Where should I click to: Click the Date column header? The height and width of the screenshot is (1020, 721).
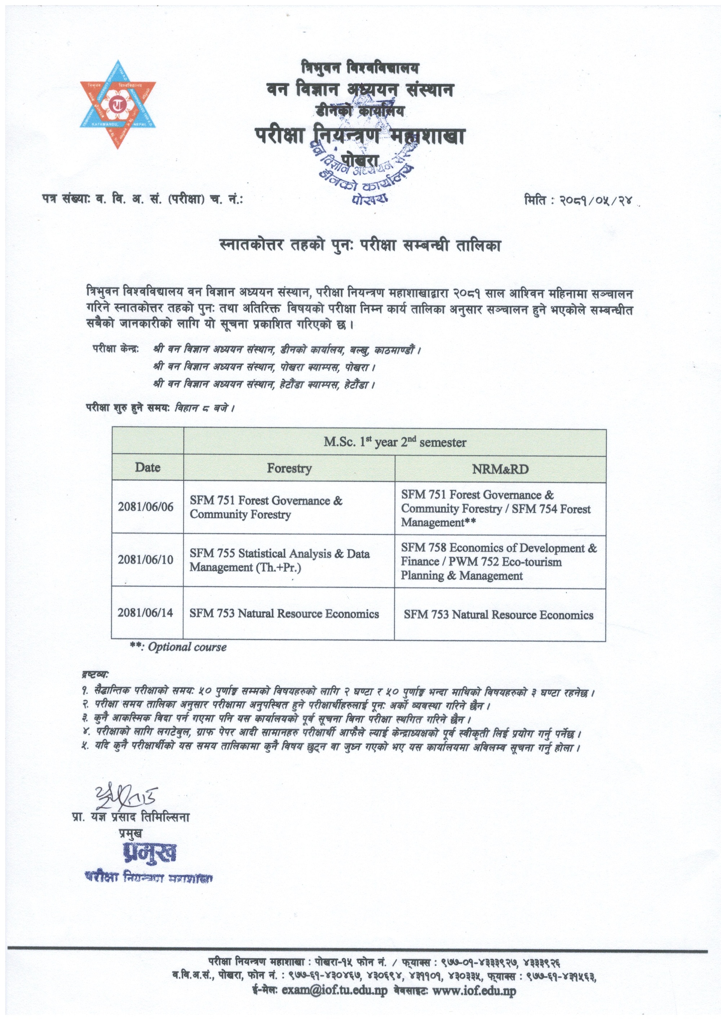(x=147, y=468)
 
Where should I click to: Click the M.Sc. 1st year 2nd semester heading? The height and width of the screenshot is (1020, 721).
(x=394, y=442)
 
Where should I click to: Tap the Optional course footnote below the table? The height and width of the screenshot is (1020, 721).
(x=178, y=647)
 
